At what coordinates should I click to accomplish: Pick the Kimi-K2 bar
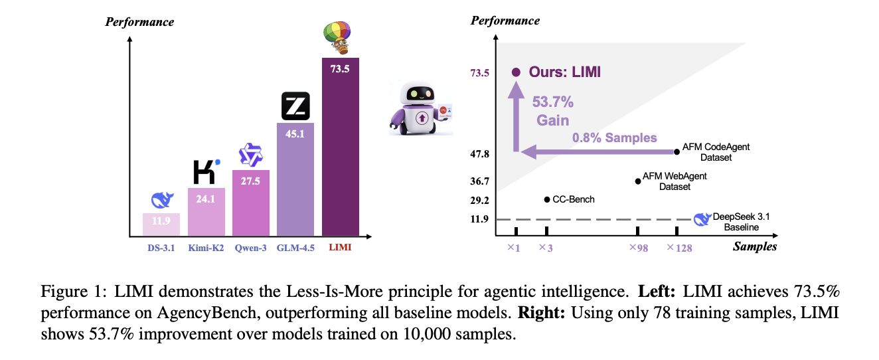206,212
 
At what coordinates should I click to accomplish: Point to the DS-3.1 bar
161,225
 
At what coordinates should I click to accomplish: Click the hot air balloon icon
339,37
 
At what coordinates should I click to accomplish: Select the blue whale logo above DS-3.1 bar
161,200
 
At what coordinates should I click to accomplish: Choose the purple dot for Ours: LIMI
516,72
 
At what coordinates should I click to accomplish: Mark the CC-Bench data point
546,199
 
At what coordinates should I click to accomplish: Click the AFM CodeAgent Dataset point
677,151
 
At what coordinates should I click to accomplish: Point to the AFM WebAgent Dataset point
638,180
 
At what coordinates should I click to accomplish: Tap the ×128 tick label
679,248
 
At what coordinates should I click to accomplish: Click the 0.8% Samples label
615,138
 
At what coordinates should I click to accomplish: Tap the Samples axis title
755,246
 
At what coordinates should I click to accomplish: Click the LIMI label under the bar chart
341,248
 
